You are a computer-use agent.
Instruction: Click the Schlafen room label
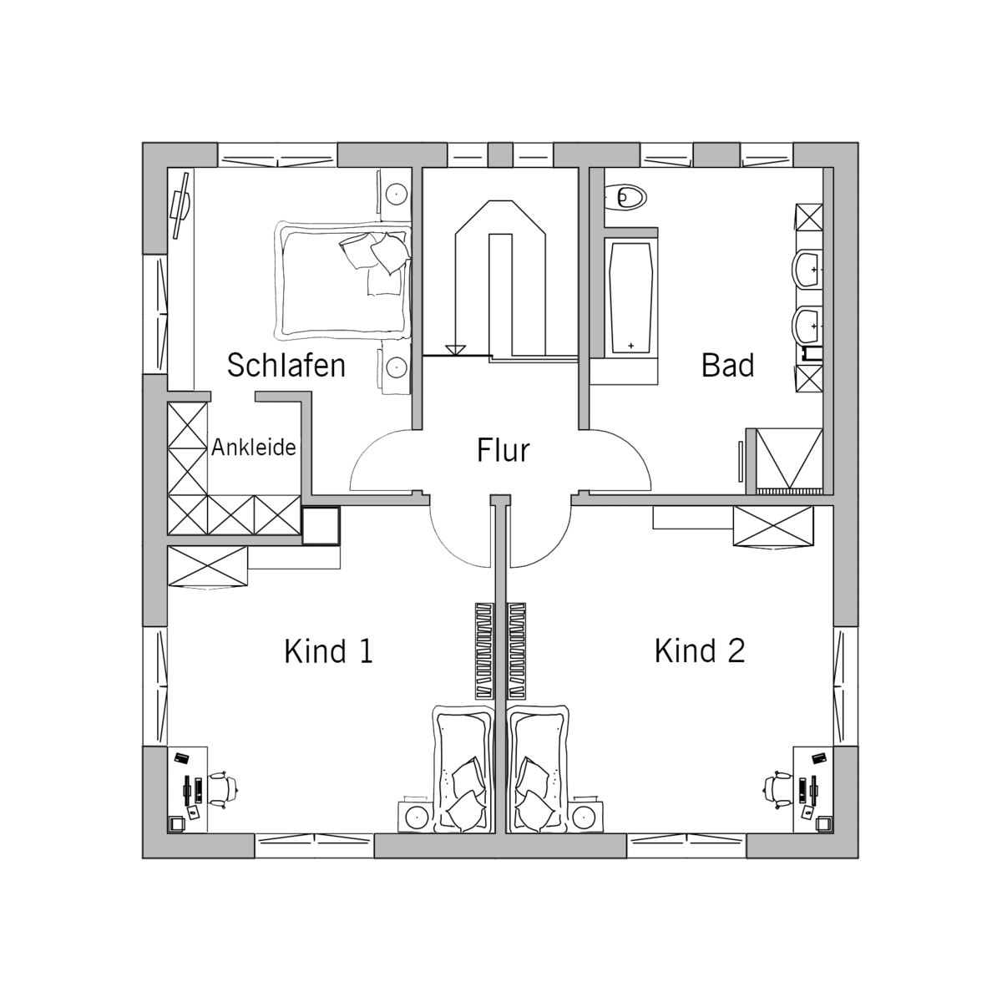click(286, 365)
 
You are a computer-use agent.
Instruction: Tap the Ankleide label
click(254, 448)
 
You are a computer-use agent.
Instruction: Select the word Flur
click(503, 450)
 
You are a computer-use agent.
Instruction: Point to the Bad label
click(727, 365)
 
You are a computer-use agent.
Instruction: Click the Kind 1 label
click(329, 650)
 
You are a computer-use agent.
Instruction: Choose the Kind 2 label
click(700, 650)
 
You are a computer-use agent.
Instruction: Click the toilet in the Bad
click(625, 198)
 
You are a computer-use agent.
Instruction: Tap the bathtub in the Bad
click(630, 298)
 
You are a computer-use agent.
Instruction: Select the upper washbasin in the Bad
click(807, 269)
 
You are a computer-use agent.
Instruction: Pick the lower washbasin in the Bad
click(807, 326)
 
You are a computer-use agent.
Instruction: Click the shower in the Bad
click(789, 461)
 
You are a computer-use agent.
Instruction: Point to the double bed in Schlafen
click(342, 281)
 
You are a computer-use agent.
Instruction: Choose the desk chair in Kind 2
click(778, 790)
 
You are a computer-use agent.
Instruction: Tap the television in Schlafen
click(181, 205)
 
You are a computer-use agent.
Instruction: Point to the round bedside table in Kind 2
click(586, 817)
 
